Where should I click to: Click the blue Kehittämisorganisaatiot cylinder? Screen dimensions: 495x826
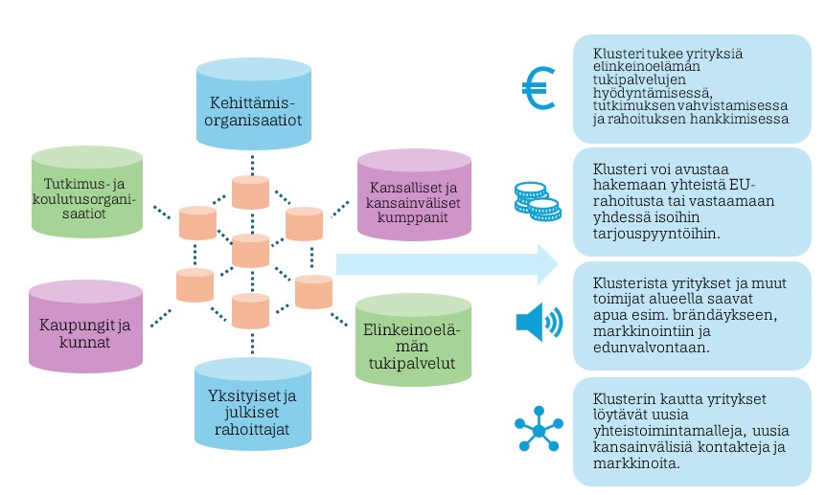(253, 105)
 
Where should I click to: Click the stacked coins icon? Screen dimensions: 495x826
(537, 200)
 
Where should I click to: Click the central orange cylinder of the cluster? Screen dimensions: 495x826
(251, 250)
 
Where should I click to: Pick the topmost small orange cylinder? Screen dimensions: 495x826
(251, 191)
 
